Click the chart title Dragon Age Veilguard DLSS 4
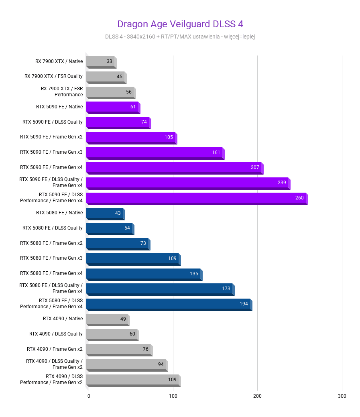pos(180,24)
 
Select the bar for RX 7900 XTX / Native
pos(100,61)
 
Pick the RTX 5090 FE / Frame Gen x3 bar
pos(155,153)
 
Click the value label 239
pos(282,183)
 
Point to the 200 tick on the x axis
pos(257,396)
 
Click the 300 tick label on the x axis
pos(342,396)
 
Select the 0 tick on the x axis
pos(89,396)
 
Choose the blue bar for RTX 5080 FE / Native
pos(105,213)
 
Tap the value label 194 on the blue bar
pos(244,304)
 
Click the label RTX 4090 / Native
pos(63,319)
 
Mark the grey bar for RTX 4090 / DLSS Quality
pos(112,334)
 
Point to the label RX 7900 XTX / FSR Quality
pos(53,76)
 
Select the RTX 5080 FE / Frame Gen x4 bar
pos(143,274)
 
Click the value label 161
pos(216,153)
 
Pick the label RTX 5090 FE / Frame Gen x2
pos(51,137)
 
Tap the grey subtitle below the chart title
pos(180,37)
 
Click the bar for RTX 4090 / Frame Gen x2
pos(118,349)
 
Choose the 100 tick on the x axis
pos(173,396)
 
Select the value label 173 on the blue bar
pos(226,289)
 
